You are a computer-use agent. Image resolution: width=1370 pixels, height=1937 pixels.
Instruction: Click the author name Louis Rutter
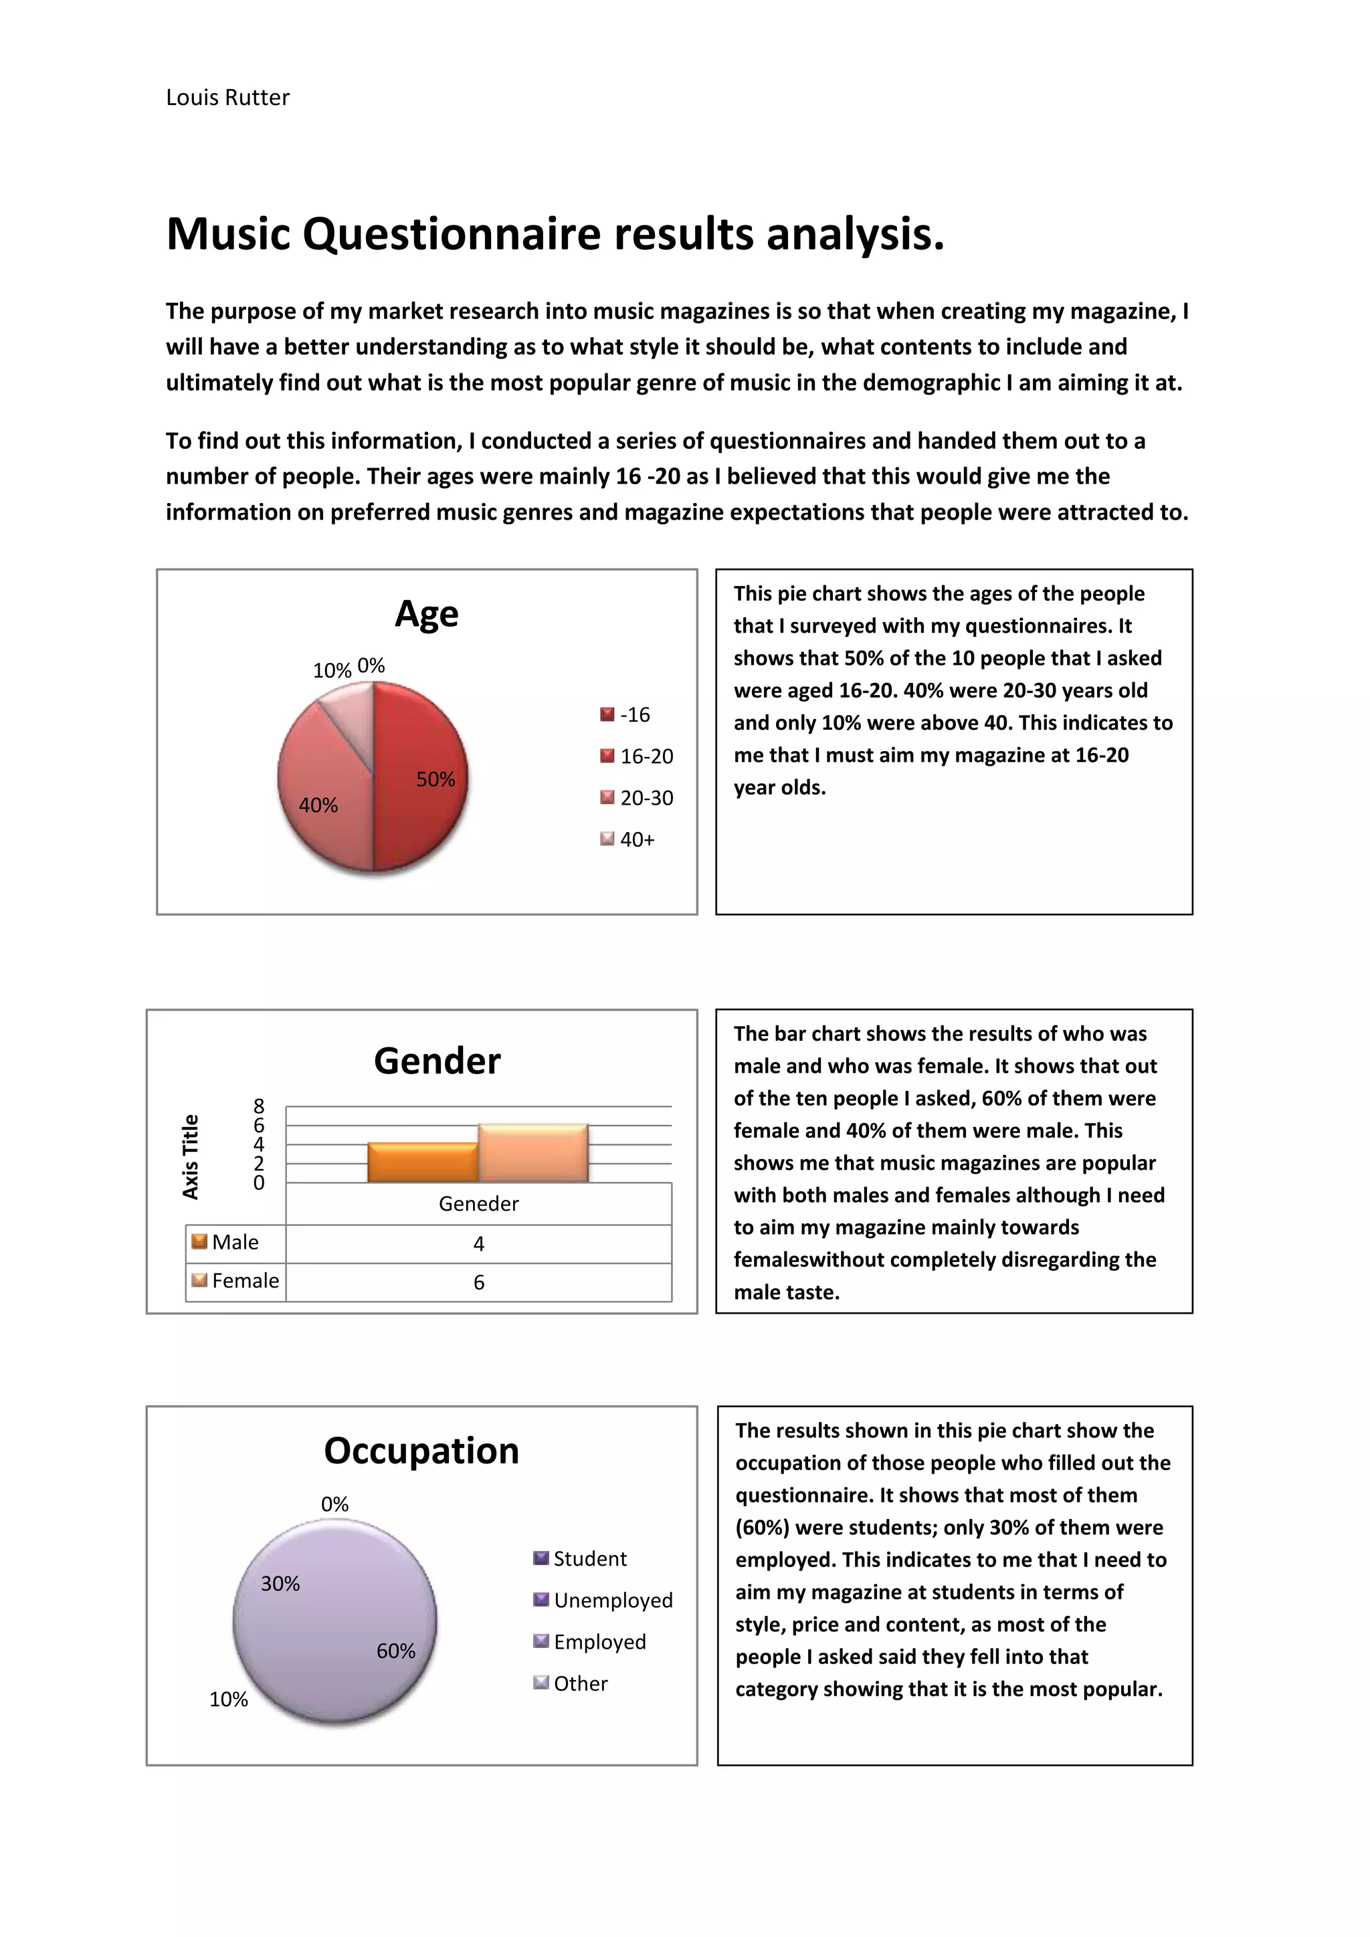[x=227, y=98]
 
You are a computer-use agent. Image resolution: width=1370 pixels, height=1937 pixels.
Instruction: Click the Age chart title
[x=426, y=613]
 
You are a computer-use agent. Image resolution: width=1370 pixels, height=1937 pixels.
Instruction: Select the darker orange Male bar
[x=422, y=1162]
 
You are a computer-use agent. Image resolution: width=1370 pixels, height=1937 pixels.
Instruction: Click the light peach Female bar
[x=533, y=1153]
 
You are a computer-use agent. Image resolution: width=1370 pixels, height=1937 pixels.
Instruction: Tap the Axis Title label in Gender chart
[x=191, y=1156]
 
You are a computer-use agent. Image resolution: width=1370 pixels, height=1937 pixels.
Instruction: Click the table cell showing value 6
[x=478, y=1282]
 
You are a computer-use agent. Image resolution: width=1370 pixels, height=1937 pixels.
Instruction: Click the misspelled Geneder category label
[x=478, y=1204]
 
